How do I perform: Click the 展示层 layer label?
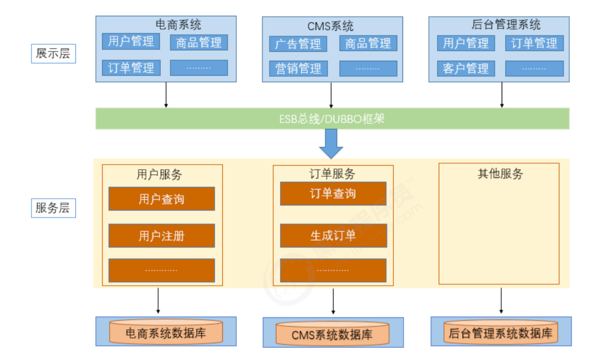(53, 54)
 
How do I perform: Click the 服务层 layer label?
(53, 208)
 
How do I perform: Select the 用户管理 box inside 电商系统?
(131, 41)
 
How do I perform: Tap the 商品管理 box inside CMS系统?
(368, 43)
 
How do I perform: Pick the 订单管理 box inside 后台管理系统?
(534, 43)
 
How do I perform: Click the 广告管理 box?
(298, 44)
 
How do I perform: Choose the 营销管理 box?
(298, 68)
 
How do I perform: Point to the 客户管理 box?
(465, 68)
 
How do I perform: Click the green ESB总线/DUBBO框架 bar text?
(331, 119)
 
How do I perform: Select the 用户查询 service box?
(162, 199)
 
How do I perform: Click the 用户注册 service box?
(162, 236)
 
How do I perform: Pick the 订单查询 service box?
(333, 194)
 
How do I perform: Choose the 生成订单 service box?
(333, 236)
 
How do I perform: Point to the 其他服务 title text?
(499, 174)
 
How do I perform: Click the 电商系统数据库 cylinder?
(166, 333)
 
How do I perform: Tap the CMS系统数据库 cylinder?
(332, 334)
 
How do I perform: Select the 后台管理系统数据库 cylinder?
(500, 333)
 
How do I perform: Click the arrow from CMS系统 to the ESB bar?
(331, 95)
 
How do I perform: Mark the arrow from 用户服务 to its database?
(158, 300)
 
